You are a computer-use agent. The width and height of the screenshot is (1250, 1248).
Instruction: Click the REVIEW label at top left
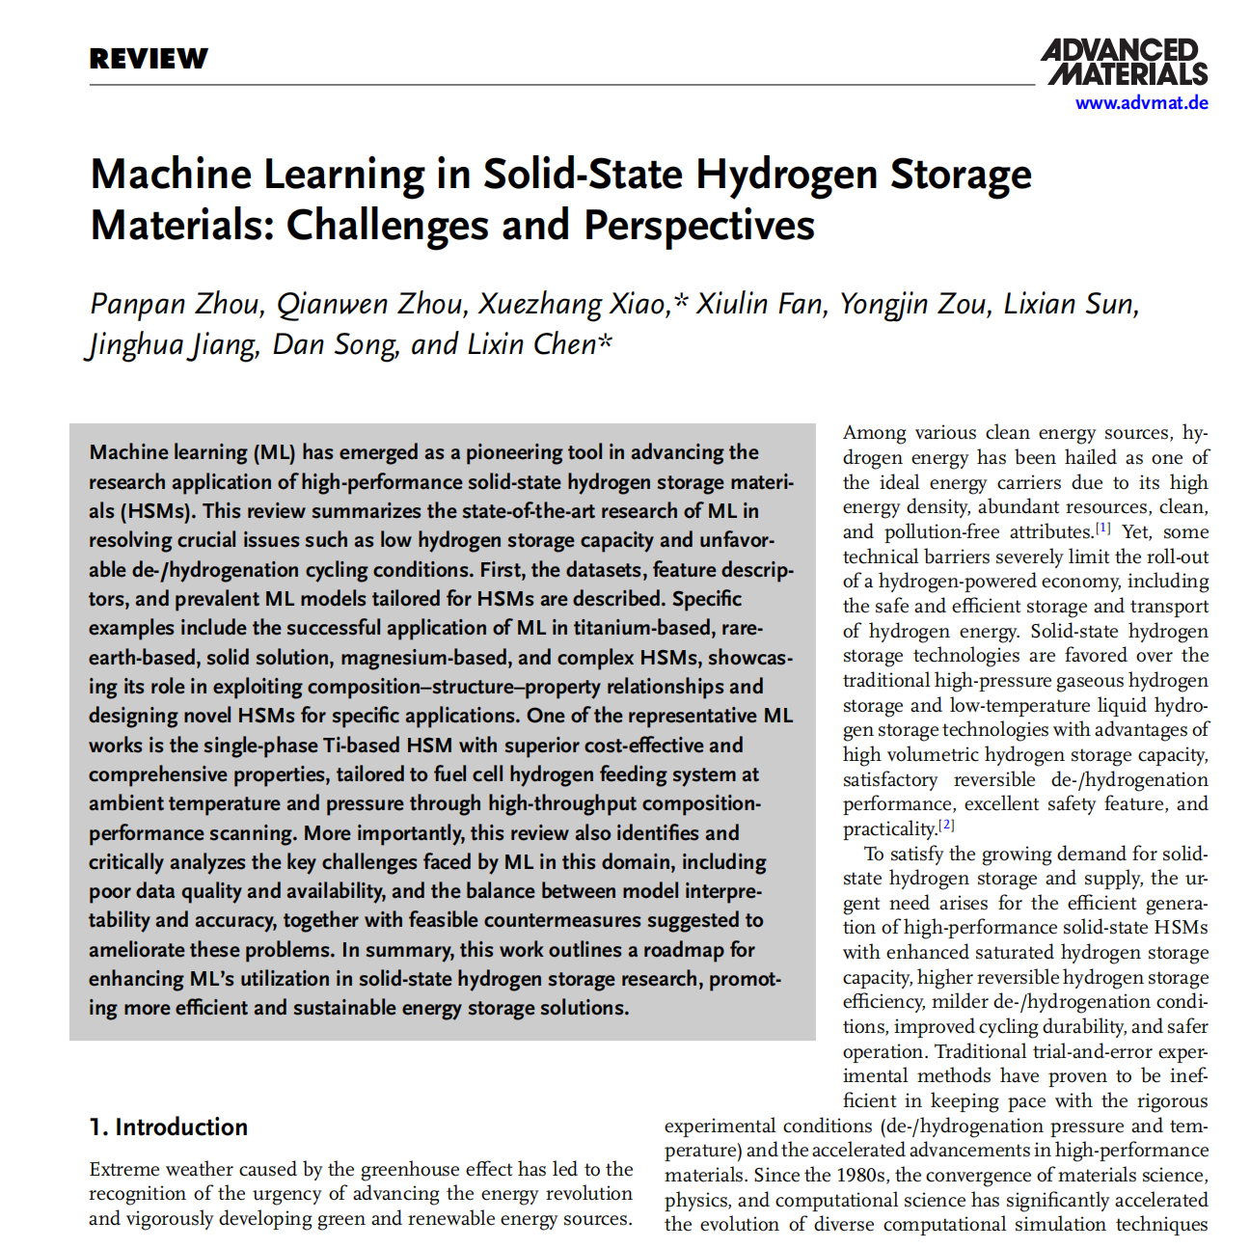click(149, 59)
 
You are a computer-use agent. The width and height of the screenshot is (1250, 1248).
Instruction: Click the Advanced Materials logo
click(1125, 63)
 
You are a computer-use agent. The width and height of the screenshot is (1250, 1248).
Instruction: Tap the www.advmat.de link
click(1141, 103)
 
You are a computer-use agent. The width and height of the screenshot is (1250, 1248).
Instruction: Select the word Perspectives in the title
click(699, 226)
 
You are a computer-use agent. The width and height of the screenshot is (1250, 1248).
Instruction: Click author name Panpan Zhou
click(175, 304)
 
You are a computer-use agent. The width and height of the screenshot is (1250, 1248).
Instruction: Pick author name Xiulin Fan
click(760, 304)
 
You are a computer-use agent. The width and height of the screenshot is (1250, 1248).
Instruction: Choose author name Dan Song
click(335, 344)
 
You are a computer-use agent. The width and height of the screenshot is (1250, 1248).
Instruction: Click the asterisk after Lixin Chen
click(606, 342)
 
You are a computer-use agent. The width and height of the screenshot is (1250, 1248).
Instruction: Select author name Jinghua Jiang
click(175, 344)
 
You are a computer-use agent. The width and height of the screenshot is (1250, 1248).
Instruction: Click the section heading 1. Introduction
click(169, 1126)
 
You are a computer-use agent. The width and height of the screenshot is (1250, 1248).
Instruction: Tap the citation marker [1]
click(1102, 529)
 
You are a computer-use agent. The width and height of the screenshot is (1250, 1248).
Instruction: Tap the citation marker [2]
click(946, 826)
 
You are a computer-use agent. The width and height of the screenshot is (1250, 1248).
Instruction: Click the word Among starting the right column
click(875, 433)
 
